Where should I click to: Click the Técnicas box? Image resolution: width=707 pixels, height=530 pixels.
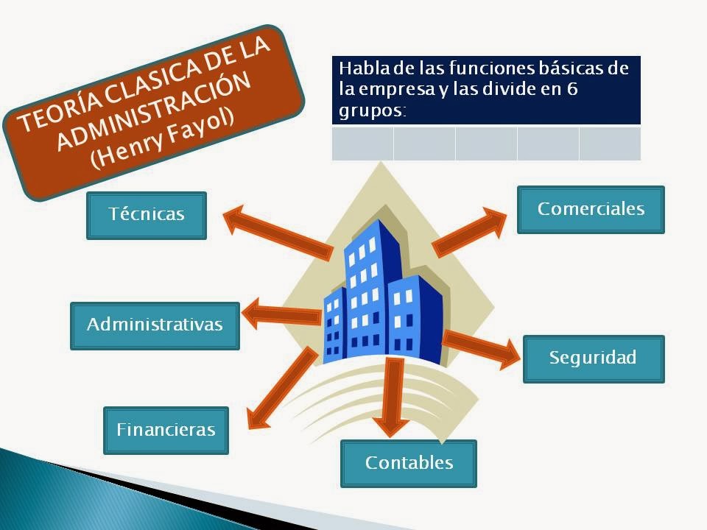click(x=147, y=215)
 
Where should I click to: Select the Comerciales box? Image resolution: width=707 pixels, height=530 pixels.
click(x=591, y=209)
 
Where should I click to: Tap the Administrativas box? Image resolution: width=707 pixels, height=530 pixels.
click(x=155, y=325)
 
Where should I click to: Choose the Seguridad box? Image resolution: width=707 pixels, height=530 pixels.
click(x=593, y=358)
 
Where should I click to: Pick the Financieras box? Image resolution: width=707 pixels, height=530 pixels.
click(x=166, y=430)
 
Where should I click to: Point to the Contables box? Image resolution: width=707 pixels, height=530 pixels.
click(x=409, y=463)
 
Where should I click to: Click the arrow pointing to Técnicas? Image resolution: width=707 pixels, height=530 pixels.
click(x=276, y=232)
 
